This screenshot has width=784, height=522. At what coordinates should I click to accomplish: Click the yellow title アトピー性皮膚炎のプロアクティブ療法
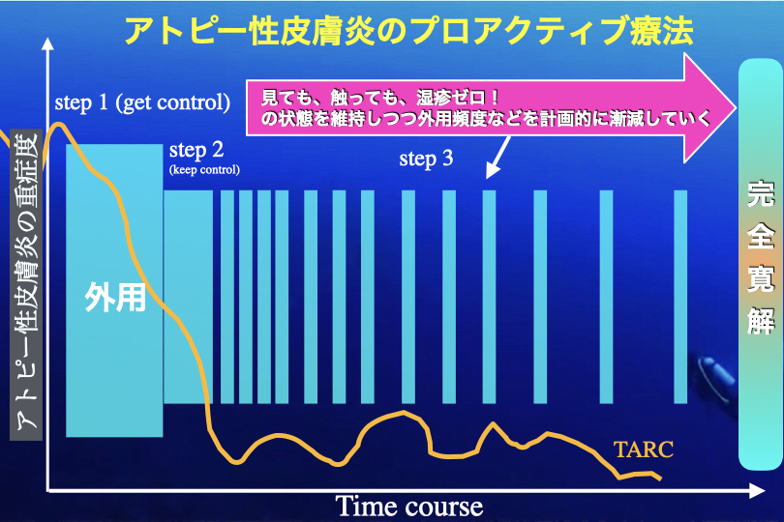[408, 31]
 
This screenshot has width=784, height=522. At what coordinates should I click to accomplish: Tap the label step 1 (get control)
[142, 102]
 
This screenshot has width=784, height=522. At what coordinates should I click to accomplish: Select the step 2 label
[196, 150]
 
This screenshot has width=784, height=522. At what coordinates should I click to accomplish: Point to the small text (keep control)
[204, 170]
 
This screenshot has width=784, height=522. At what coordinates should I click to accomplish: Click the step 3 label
[426, 159]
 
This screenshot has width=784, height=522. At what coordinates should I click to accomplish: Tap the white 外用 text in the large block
[115, 297]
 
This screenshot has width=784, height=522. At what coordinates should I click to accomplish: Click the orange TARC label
[644, 449]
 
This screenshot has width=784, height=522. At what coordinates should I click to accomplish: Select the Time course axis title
[409, 507]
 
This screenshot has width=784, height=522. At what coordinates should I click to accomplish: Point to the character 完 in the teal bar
[761, 193]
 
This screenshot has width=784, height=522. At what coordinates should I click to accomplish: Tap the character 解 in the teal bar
[761, 321]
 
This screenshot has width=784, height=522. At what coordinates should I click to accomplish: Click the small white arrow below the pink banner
[498, 158]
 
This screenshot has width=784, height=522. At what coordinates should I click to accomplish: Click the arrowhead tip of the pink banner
[737, 108]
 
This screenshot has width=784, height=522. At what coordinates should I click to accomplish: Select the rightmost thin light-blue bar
[680, 297]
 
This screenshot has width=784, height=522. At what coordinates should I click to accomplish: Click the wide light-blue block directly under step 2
[188, 297]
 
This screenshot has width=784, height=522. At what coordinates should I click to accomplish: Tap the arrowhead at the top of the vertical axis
[47, 43]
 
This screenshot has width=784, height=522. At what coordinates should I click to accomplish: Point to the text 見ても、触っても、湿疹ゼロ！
[381, 98]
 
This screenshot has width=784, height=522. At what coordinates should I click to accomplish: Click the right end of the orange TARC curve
[661, 479]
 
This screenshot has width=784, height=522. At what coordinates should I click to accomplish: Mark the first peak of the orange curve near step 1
[58, 124]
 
